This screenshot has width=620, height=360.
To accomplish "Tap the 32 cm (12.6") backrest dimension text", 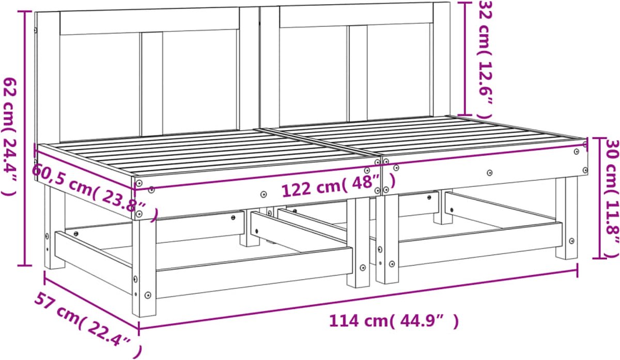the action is tap(485, 60).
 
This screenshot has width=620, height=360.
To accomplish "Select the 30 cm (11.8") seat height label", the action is tap(612, 199).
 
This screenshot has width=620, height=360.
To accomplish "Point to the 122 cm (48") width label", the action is tap(338, 186).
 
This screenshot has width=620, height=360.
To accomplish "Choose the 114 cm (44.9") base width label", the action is tap(394, 321).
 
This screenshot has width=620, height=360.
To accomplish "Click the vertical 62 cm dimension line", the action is tap(25, 138).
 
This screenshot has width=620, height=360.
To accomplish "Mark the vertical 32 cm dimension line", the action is tap(465, 58).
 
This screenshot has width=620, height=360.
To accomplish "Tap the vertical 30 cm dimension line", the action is tap(599, 198).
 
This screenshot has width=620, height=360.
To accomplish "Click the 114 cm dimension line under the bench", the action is tap(358, 300).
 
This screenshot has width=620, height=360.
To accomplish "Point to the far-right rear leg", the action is tap(567, 218).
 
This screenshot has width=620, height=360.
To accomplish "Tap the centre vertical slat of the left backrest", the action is tap(152, 84).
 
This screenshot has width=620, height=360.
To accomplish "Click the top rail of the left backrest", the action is tap(149, 21).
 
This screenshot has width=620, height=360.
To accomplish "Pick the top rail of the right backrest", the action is tap(357, 14).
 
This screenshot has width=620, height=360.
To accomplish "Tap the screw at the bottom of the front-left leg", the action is tap(148, 295).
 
